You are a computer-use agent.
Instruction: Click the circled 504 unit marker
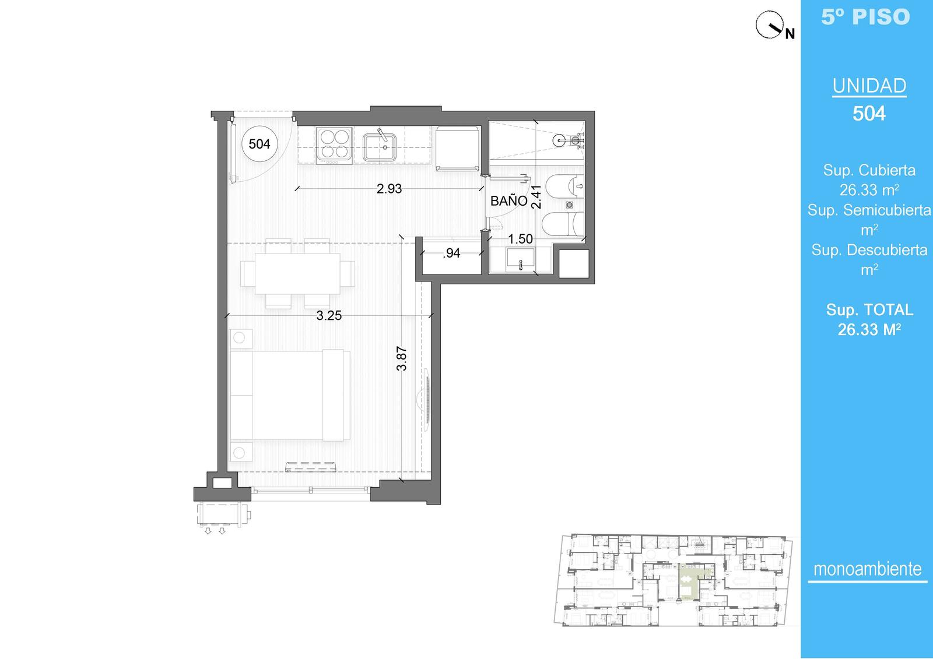[259, 144]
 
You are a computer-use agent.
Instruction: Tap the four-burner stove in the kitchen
[334, 145]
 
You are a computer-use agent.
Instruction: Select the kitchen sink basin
[379, 146]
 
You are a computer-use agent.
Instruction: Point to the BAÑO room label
[509, 200]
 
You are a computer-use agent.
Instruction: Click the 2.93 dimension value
[389, 189]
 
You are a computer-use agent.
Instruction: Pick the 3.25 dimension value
[329, 316]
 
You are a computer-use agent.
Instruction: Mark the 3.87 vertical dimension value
[402, 358]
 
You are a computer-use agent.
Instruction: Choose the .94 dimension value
[451, 253]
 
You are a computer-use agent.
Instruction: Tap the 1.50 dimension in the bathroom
[520, 239]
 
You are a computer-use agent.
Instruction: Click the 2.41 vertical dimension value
[536, 197]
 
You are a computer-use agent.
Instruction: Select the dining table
[297, 273]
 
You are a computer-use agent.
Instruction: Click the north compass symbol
[770, 26]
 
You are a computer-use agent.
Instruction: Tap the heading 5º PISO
[865, 17]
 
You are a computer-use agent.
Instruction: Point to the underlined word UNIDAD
[869, 86]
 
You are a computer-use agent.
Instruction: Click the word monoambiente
[868, 569]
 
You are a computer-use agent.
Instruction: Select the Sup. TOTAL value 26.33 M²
[869, 330]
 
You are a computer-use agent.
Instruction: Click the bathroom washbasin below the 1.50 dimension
[521, 258]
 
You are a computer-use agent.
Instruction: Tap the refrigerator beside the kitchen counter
[457, 149]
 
